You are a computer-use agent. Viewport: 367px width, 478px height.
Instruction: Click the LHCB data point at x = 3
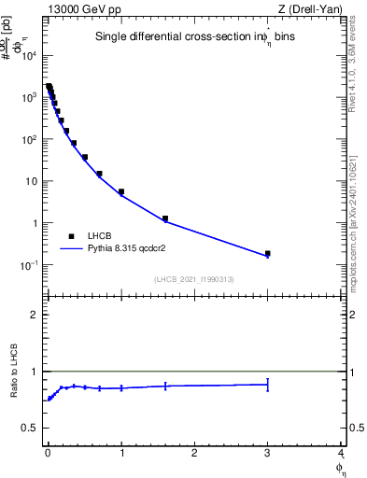pyautogui.click(x=267, y=253)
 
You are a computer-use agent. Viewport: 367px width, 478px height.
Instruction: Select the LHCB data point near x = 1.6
pyautogui.click(x=164, y=218)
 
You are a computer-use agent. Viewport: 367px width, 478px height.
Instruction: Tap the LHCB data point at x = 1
pyautogui.click(x=121, y=191)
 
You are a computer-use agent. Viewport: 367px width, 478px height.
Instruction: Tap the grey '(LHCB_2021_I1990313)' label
pyautogui.click(x=194, y=279)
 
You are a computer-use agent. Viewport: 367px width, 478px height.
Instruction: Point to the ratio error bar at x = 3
pyautogui.click(x=267, y=384)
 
